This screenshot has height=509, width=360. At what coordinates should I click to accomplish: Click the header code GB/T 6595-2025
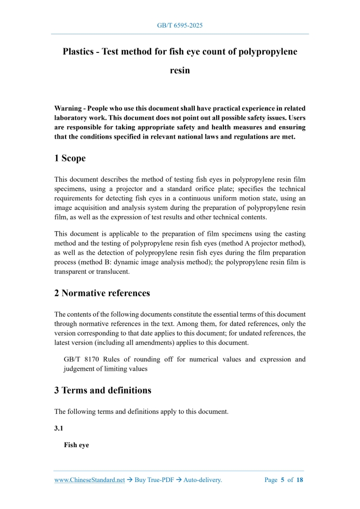(180, 25)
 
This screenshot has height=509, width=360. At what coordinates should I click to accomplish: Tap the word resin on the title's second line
(180, 70)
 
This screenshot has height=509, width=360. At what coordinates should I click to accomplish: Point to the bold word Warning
(69, 109)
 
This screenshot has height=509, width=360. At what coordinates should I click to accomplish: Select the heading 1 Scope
(70, 158)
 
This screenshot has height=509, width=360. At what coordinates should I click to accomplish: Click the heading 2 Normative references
(102, 293)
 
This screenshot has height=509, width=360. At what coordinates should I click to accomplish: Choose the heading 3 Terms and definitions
(102, 390)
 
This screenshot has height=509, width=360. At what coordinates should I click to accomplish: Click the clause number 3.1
(59, 428)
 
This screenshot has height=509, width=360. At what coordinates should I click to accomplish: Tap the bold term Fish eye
(76, 445)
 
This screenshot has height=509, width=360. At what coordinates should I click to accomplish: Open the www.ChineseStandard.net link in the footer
(89, 480)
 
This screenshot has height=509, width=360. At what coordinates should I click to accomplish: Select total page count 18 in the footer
(300, 480)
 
